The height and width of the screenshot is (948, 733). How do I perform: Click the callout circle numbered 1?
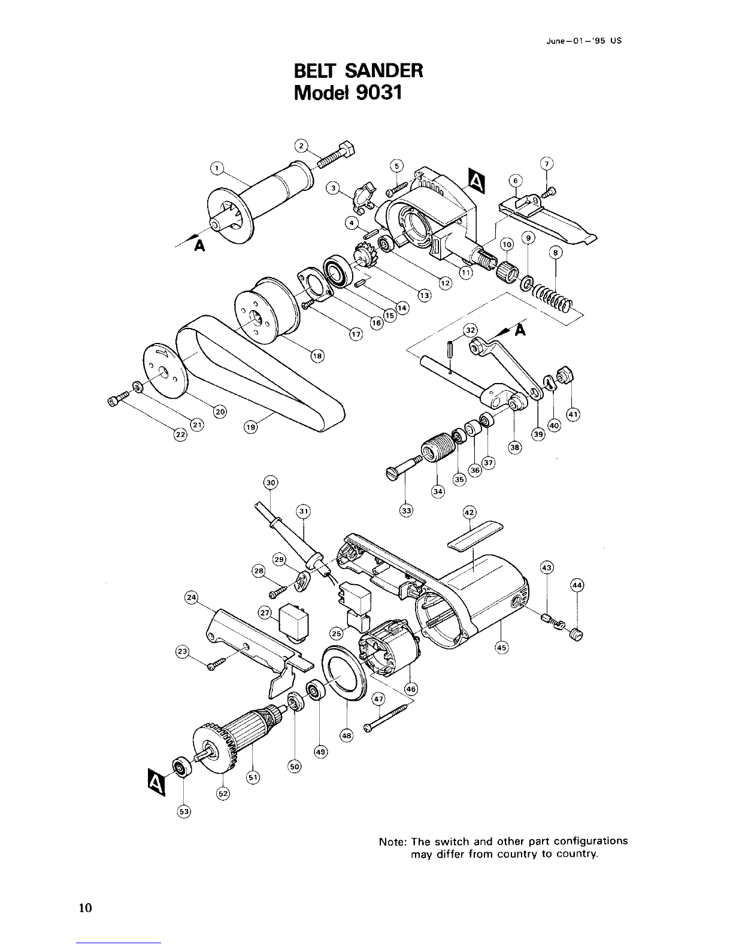(x=217, y=168)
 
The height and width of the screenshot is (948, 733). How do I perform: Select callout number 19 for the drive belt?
(x=250, y=427)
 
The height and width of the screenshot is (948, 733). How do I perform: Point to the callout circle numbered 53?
(x=184, y=812)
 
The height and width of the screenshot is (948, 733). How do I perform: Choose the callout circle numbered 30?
(x=271, y=482)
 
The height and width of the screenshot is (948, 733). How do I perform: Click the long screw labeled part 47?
(x=388, y=717)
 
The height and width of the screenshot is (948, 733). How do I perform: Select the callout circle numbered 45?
(x=501, y=648)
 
